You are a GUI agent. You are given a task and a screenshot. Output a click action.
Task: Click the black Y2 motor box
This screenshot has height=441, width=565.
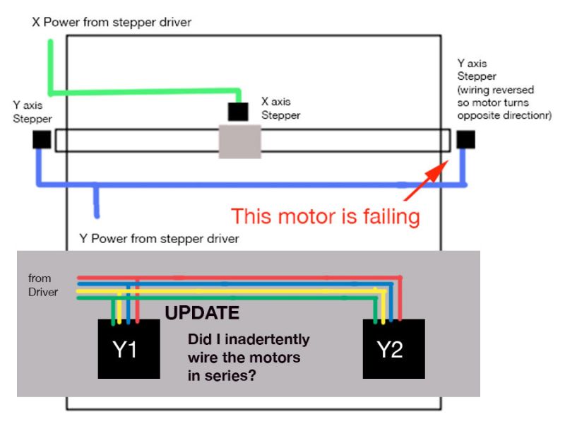[393, 350]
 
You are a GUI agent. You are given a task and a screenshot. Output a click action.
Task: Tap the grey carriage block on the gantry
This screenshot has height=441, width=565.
[239, 140]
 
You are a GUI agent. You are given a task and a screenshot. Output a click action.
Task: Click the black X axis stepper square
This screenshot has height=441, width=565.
[238, 112]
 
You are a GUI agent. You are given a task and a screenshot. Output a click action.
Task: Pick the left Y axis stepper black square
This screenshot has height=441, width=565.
[42, 139]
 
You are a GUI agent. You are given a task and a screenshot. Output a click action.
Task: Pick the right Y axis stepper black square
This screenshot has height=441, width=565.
[466, 139]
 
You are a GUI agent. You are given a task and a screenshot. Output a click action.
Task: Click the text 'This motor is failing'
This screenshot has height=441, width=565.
[326, 216]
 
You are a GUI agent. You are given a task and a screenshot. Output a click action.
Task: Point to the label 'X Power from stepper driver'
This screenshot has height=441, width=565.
[111, 22]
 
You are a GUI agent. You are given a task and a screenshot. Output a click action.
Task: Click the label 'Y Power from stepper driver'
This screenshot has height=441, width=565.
[159, 239]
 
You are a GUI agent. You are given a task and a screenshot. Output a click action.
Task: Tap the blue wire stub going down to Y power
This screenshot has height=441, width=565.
[96, 202]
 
